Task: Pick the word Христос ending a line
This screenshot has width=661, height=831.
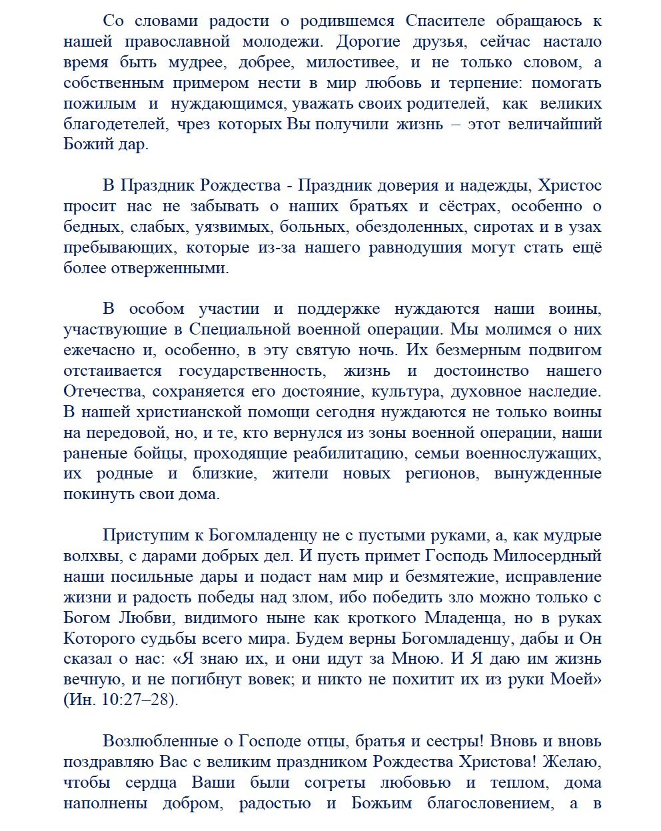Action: point(570,186)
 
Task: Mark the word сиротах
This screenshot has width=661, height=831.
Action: point(504,227)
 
